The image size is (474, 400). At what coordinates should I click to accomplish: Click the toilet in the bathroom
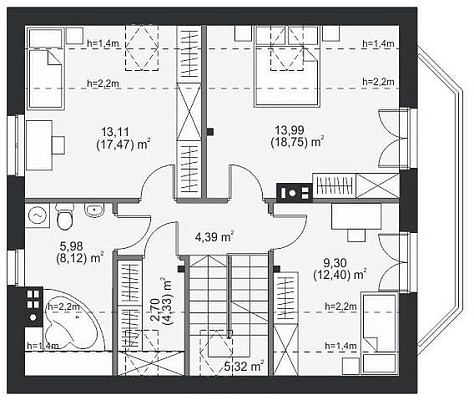tap(64, 217)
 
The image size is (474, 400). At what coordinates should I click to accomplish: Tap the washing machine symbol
tap(37, 216)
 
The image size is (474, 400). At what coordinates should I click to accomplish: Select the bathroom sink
tap(94, 209)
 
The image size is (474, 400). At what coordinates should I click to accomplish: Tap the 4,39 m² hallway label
tap(214, 237)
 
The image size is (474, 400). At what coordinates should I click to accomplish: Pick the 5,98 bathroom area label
tap(71, 246)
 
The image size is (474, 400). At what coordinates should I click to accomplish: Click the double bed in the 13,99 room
tap(286, 67)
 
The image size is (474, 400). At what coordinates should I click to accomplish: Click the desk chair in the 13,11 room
tap(59, 145)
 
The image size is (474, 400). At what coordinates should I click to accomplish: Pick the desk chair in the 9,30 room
tap(357, 235)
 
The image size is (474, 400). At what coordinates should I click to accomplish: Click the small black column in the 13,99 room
tap(210, 132)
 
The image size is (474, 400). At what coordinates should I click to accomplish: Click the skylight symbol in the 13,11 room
tap(142, 48)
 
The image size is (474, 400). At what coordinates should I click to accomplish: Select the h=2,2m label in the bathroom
tap(64, 306)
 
